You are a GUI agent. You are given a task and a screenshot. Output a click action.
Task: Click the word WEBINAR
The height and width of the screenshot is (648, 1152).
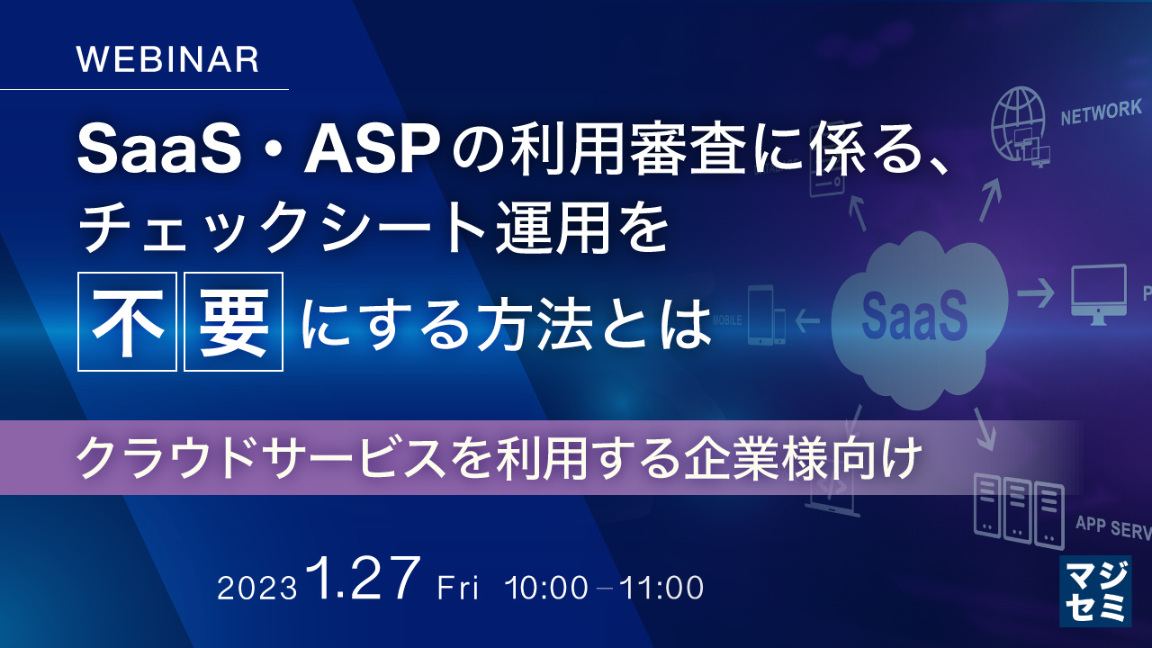click(168, 59)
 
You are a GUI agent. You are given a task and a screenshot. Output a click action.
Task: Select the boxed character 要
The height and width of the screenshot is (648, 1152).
click(234, 321)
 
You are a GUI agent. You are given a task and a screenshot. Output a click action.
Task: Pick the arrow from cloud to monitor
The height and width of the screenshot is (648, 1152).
click(1035, 293)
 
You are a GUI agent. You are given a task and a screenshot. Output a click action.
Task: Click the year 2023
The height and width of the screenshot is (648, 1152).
click(257, 589)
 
